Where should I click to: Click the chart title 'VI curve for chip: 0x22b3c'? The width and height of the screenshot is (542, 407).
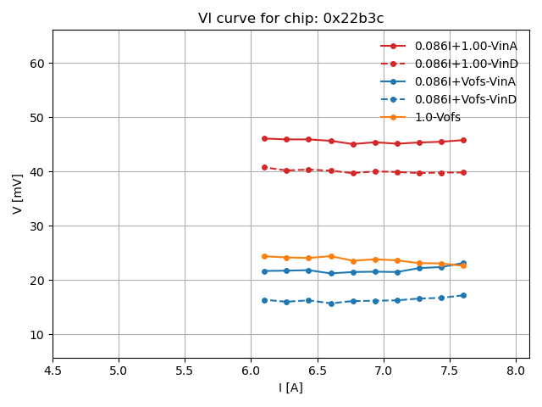[x=290, y=18]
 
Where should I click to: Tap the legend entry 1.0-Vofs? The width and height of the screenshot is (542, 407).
[x=438, y=117]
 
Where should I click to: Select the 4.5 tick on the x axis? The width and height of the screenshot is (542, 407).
[x=53, y=371]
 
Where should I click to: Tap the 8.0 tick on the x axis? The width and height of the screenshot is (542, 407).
[x=516, y=371]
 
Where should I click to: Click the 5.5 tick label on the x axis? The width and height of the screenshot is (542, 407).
[x=185, y=371]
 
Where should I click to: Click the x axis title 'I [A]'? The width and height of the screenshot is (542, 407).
[x=290, y=387]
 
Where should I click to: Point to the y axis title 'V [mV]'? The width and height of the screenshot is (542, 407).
[x=18, y=193]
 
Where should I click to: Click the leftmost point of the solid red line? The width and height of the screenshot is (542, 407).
[x=264, y=138]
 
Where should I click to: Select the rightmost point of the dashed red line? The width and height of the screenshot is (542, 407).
[x=463, y=172]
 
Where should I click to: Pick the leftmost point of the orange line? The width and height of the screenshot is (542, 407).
[x=264, y=256]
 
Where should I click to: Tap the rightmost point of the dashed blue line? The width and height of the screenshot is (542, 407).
[x=463, y=295]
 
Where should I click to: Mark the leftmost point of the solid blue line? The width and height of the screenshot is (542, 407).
[x=264, y=271]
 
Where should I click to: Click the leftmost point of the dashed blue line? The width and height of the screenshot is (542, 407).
[x=264, y=300]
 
